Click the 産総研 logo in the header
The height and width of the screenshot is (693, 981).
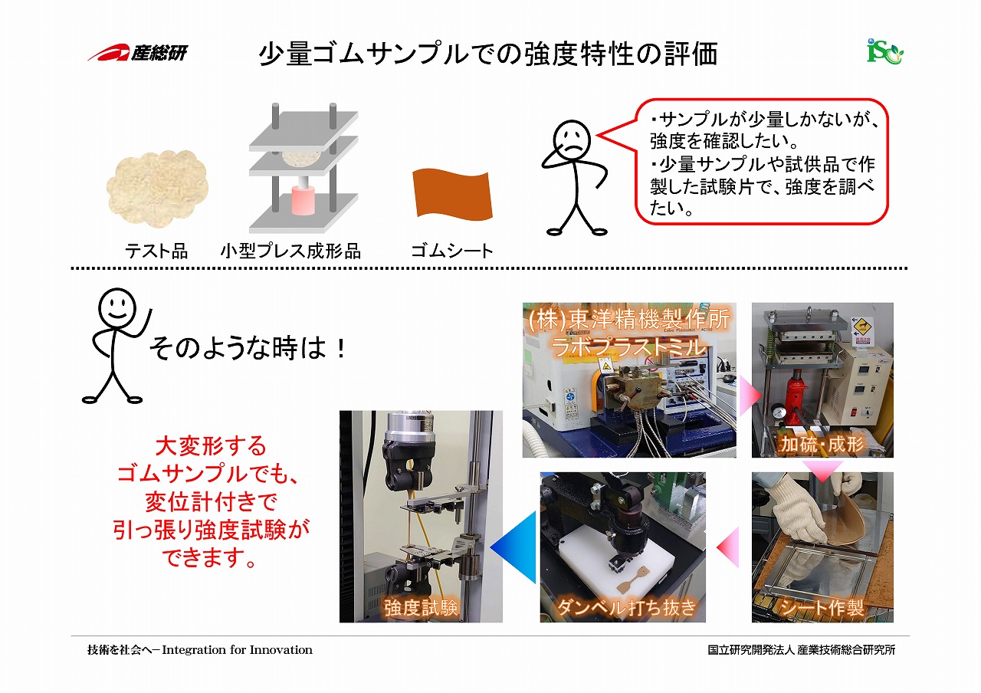[137, 53]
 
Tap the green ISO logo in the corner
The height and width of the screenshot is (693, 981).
[884, 51]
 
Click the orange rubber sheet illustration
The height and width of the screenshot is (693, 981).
[452, 194]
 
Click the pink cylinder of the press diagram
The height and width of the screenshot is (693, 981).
[303, 200]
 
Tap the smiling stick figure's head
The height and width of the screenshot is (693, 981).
[117, 307]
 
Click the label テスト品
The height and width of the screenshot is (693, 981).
[156, 251]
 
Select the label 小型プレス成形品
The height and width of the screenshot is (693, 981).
[290, 251]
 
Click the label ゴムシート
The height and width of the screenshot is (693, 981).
[452, 251]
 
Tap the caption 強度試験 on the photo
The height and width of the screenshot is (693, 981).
[421, 608]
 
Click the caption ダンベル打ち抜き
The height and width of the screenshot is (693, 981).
[626, 608]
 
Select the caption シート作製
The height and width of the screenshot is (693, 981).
[822, 608]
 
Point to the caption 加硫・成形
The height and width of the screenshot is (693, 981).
[822, 444]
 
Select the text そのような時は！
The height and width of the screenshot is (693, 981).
[248, 348]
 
